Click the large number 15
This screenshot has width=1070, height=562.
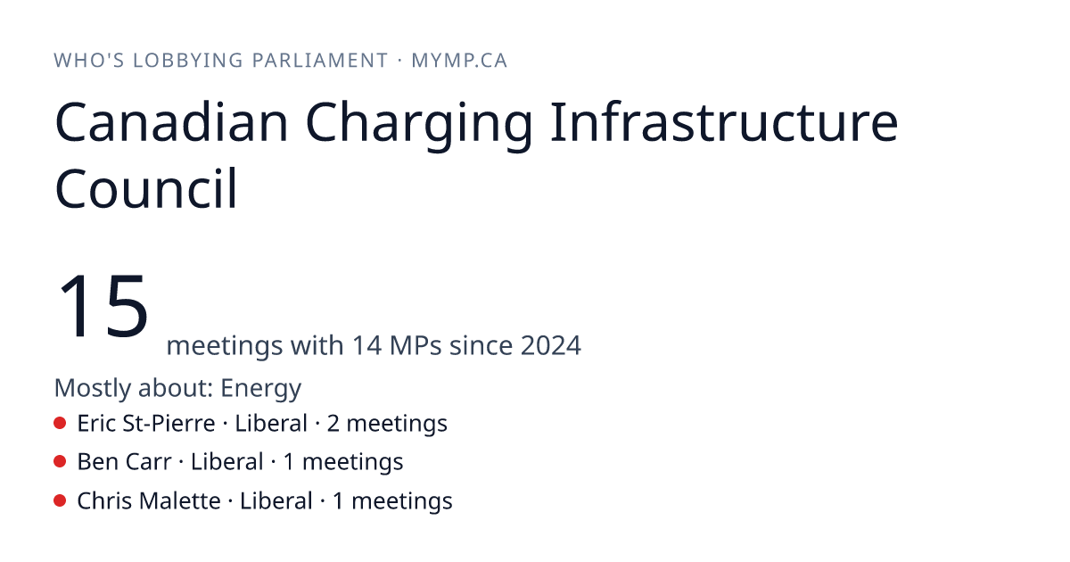click(x=103, y=306)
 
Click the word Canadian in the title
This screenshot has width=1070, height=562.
click(x=172, y=122)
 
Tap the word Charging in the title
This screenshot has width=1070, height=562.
click(x=419, y=126)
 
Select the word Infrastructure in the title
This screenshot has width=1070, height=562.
click(x=724, y=121)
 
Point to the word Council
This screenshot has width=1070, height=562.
click(x=146, y=188)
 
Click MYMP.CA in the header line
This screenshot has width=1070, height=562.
click(x=459, y=61)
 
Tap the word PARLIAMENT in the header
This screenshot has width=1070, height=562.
click(x=320, y=61)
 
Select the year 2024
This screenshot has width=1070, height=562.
click(x=551, y=345)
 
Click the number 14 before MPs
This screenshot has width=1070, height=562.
click(x=366, y=345)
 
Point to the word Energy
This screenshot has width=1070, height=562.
click(x=260, y=389)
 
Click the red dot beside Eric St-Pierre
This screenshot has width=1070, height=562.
click(x=60, y=423)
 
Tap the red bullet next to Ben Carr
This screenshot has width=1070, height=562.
click(x=60, y=462)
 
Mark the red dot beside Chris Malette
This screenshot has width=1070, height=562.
click(x=60, y=500)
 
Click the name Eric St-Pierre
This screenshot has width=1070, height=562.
click(x=146, y=423)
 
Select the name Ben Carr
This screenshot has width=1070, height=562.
click(x=124, y=462)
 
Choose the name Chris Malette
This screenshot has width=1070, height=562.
click(x=149, y=500)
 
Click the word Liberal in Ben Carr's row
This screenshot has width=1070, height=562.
click(x=226, y=462)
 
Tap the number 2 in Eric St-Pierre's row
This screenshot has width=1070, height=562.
click(x=333, y=424)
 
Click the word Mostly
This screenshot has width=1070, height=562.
click(x=93, y=389)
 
